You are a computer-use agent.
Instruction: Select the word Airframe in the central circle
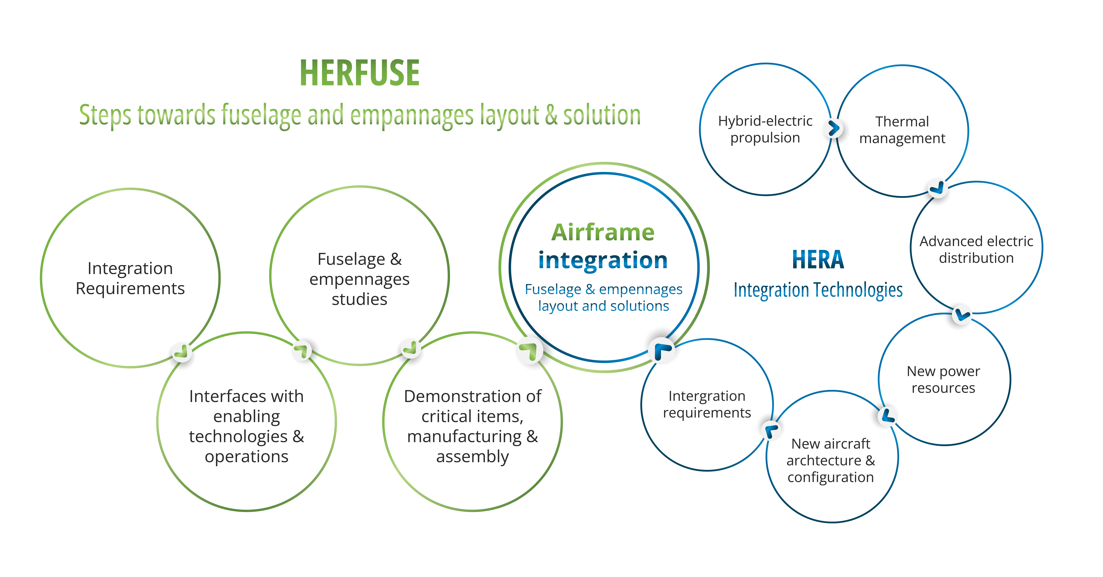click(603, 232)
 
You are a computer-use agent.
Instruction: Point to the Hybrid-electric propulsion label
click(765, 129)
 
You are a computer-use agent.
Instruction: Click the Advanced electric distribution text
click(976, 250)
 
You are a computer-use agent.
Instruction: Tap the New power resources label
click(943, 379)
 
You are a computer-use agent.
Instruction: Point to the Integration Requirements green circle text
click(130, 278)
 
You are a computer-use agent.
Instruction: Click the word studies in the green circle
click(360, 299)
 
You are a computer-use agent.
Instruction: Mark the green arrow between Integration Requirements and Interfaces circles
click(182, 352)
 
